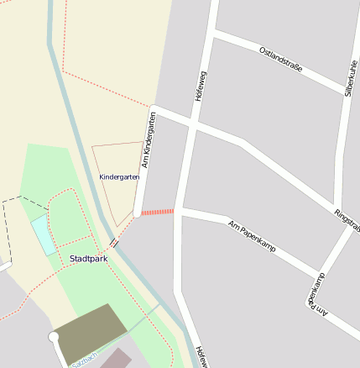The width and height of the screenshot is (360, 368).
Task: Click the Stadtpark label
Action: pyautogui.click(x=89, y=258)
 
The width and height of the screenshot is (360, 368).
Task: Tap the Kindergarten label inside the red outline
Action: pyautogui.click(x=119, y=177)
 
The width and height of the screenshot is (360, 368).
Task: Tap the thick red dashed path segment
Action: pyautogui.click(x=157, y=212)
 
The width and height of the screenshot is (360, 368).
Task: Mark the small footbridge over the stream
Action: pyautogui.click(x=113, y=243)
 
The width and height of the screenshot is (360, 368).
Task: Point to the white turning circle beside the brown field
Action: pyautogui.click(x=54, y=337)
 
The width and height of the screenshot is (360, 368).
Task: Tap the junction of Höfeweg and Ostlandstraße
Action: pyautogui.click(x=211, y=35)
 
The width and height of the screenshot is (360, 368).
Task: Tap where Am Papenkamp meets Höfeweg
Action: pyautogui.click(x=182, y=213)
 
